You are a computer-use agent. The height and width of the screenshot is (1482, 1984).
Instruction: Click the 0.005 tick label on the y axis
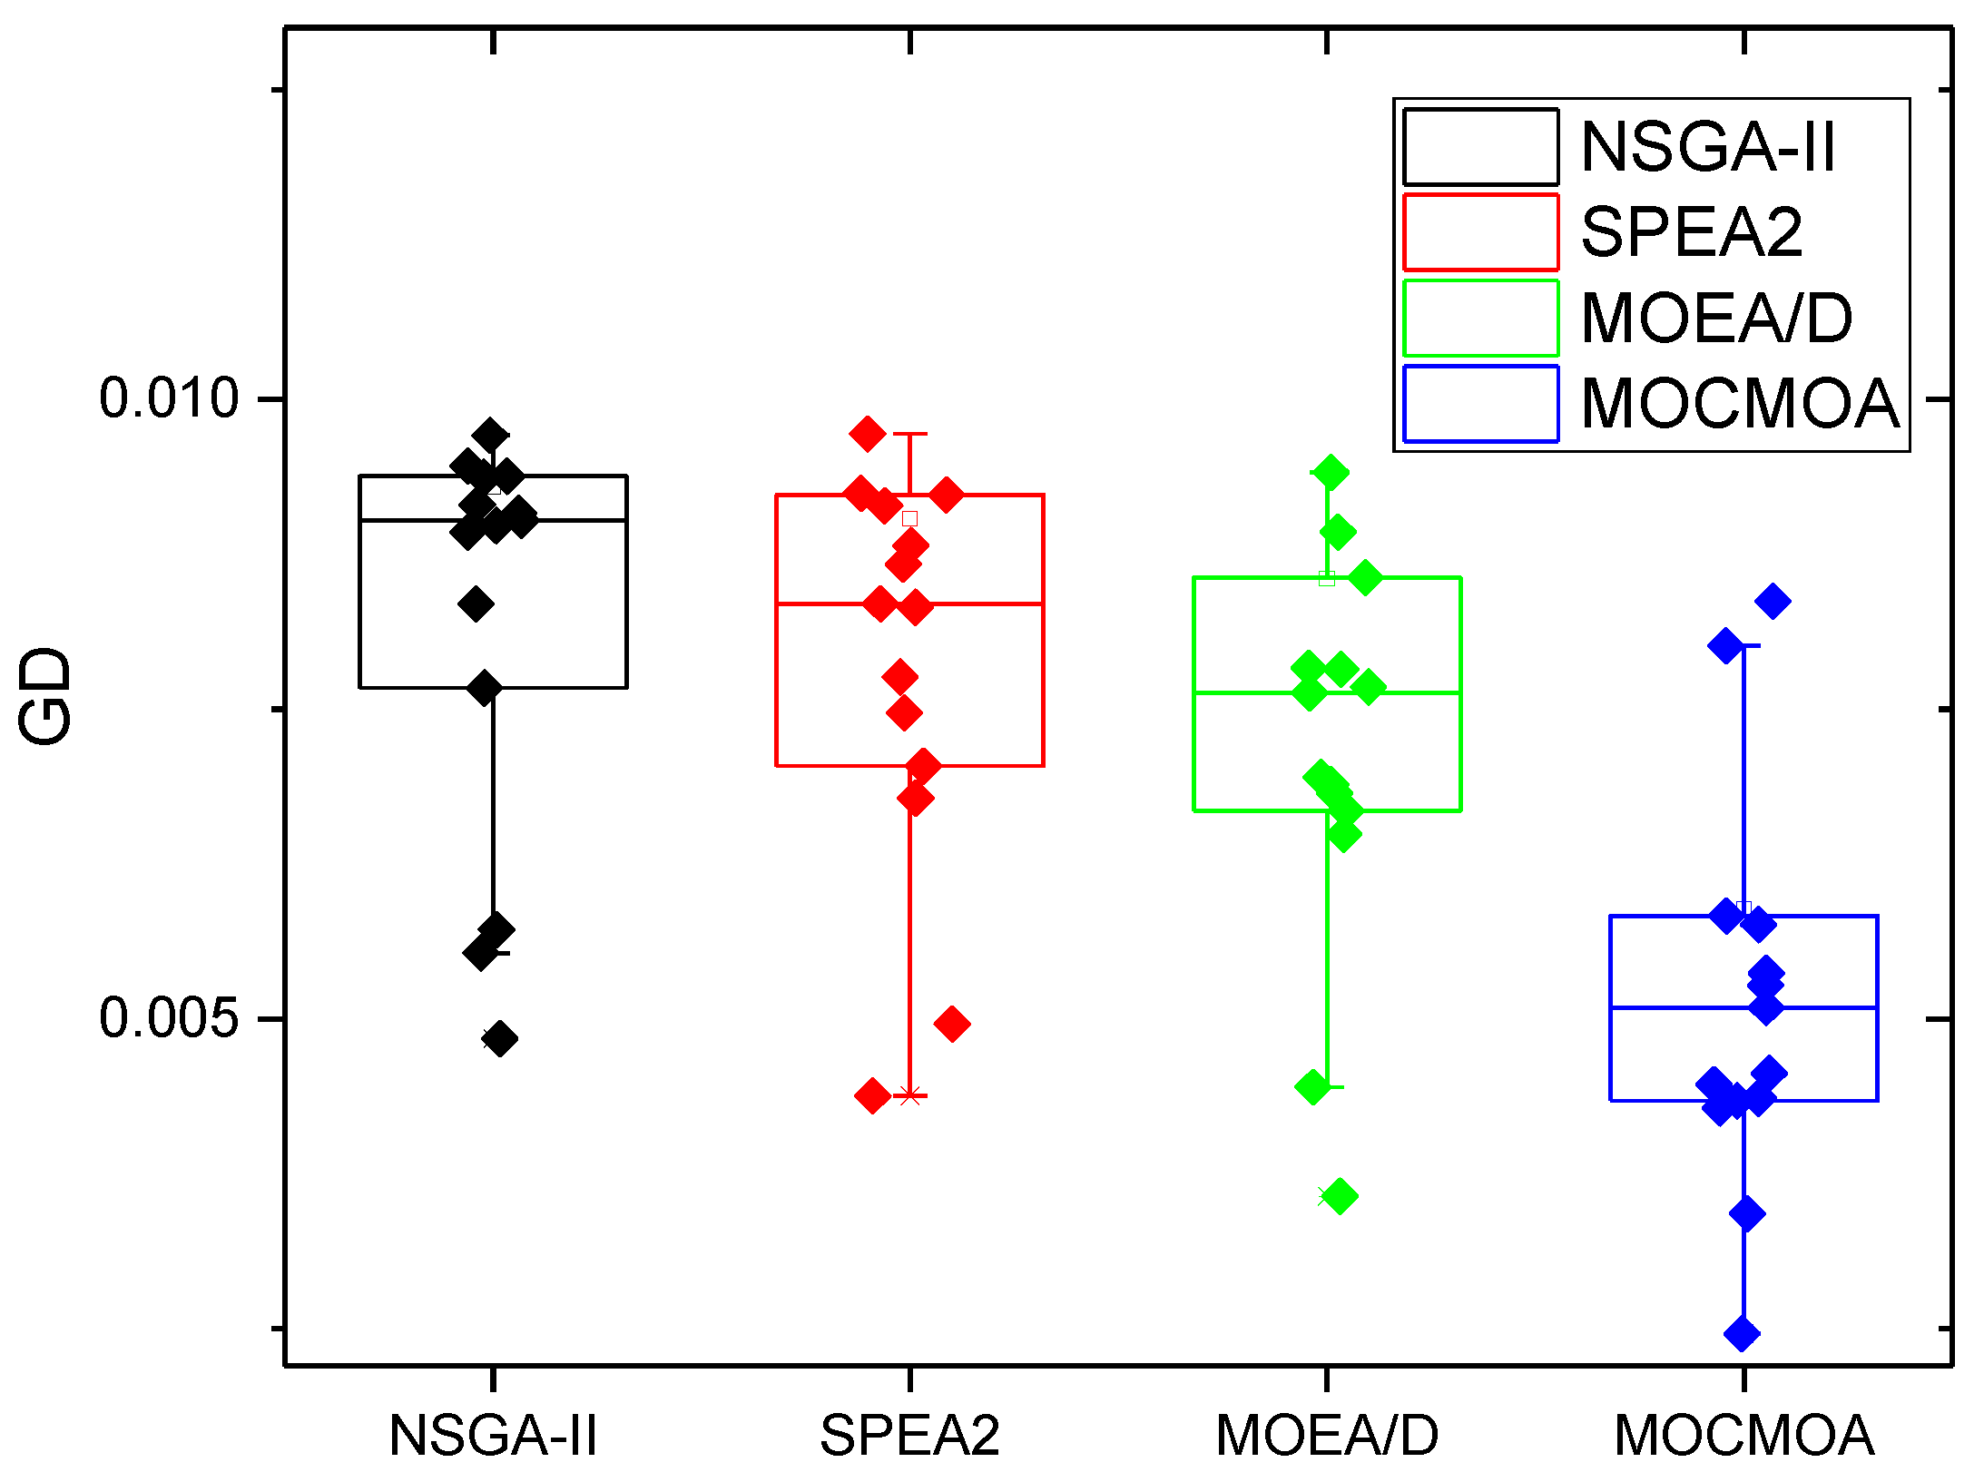pos(168,1017)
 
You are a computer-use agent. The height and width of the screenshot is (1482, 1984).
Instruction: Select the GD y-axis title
pos(45,696)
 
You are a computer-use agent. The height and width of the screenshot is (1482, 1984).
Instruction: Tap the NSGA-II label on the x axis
pos(493,1436)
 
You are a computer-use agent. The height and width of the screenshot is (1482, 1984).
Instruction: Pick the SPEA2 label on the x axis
pos(909,1436)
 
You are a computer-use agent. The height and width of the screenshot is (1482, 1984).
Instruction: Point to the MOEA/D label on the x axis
pos(1327,1436)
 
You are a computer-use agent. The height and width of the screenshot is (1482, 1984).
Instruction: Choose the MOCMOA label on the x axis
pos(1743,1436)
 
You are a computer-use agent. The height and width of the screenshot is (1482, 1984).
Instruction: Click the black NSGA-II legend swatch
pos(1480,147)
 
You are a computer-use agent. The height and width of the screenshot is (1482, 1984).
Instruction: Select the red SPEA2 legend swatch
pos(1480,232)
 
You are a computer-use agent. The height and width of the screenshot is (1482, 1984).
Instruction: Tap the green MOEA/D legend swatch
pos(1480,318)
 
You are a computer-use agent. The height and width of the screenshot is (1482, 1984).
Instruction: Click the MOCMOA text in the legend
pos(1740,404)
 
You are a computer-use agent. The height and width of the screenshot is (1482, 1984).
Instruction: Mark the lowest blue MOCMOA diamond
pos(1742,1333)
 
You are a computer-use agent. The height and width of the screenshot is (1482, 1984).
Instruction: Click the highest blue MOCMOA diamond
pos(1773,601)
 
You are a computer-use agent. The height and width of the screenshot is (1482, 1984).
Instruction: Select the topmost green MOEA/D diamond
pos(1331,472)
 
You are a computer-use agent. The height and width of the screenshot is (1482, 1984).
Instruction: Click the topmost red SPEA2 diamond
pos(868,434)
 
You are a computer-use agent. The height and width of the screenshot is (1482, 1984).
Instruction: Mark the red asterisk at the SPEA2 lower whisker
pos(910,1094)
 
